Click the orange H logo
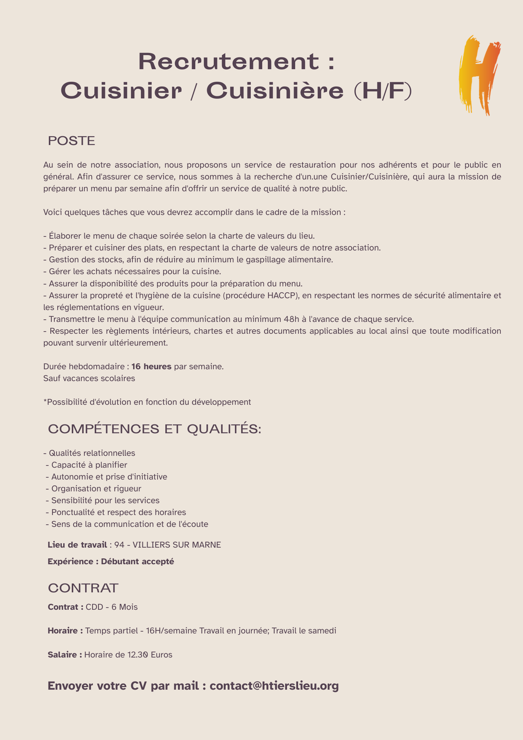coord(480,76)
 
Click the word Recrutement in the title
coord(228,61)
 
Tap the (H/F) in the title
coord(382,91)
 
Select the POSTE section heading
coord(72,141)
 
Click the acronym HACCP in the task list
coord(282,295)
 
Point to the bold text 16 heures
coord(151,367)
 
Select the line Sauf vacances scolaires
coord(89,379)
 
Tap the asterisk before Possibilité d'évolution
coord(45,401)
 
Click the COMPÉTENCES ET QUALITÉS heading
coord(155,429)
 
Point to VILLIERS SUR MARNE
coord(176,545)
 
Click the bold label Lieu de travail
coord(77,545)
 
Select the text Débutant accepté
coord(137,561)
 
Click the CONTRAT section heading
coord(83,588)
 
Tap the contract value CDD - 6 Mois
coord(112,607)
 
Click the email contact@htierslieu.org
coord(274,686)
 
